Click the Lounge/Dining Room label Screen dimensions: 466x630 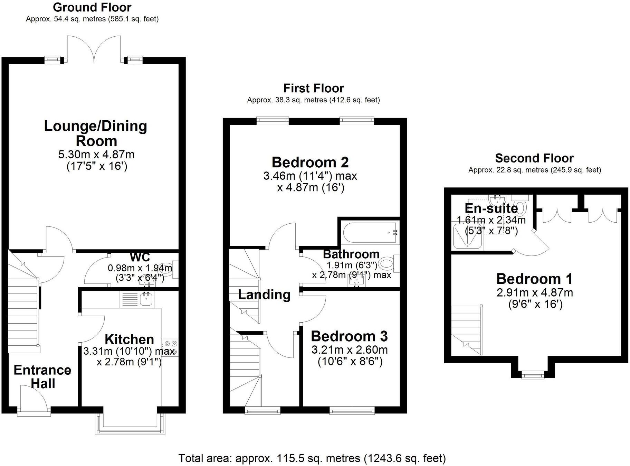(x=96, y=133)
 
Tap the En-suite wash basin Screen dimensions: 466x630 (x=497, y=200)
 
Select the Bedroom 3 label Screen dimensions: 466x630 (x=349, y=336)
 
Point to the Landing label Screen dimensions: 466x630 (x=264, y=295)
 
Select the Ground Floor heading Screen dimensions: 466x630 (x=92, y=7)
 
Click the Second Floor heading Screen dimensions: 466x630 (x=534, y=158)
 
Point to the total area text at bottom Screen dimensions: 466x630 (x=312, y=458)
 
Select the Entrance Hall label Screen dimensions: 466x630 (x=42, y=376)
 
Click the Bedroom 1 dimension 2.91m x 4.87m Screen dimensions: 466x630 (x=535, y=292)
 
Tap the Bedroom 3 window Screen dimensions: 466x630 (x=352, y=410)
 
